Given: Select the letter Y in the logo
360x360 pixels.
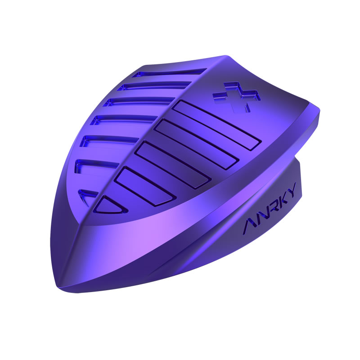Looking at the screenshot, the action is coord(291,189).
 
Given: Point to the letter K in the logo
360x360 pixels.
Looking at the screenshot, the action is coord(281,199).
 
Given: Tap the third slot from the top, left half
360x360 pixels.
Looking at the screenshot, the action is coord(139,102).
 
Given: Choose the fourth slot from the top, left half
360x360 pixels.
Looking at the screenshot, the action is coord(124,119).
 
